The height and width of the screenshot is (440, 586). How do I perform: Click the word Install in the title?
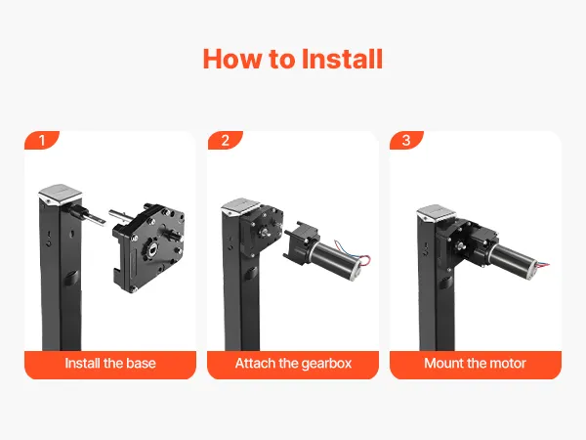(342, 59)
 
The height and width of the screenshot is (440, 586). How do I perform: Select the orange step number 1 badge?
(42, 140)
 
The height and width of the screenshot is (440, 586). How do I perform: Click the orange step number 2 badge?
(225, 140)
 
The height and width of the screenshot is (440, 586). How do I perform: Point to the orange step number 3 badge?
(406, 140)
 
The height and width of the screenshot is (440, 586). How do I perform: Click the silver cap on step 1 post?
(60, 195)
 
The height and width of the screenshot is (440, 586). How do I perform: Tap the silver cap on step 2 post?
(241, 207)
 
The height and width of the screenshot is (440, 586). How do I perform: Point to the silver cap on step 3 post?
(437, 213)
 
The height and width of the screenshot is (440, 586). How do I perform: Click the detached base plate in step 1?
(149, 247)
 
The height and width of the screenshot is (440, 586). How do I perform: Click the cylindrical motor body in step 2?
(334, 259)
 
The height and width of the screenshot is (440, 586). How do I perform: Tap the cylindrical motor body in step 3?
(514, 258)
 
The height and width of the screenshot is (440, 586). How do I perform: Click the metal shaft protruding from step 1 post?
(87, 216)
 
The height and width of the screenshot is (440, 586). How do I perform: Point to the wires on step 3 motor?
(543, 263)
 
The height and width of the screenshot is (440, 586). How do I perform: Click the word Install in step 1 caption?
(82, 363)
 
